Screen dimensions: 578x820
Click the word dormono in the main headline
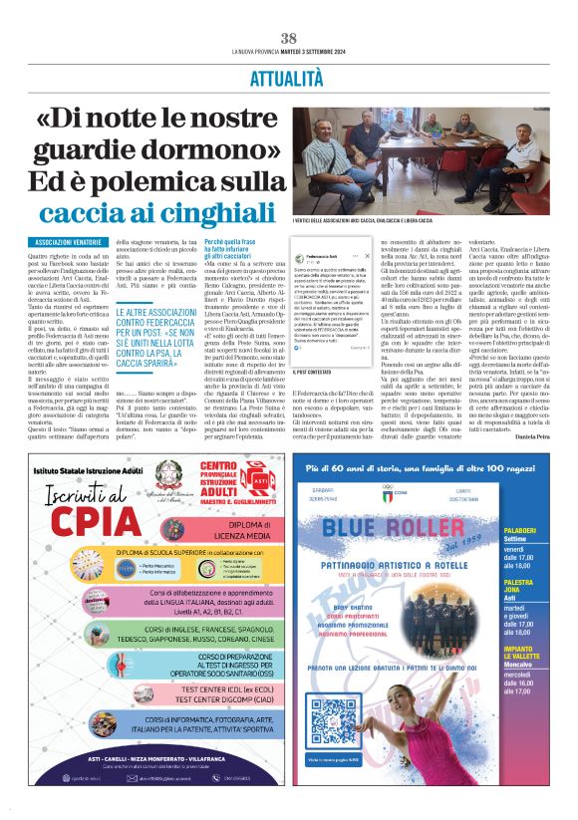(220, 152)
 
